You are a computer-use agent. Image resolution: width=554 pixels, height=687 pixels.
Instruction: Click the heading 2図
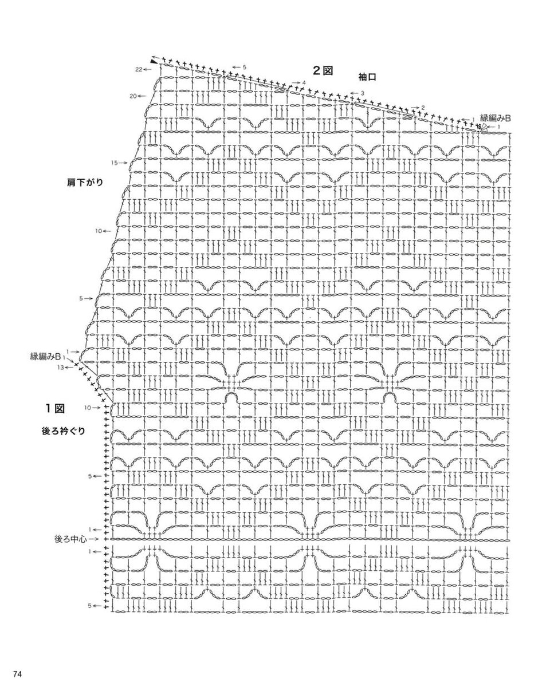tap(323, 70)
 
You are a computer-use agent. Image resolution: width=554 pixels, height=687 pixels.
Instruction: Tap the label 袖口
tap(367, 77)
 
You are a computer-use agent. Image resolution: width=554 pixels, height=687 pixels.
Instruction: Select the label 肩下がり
tap(85, 182)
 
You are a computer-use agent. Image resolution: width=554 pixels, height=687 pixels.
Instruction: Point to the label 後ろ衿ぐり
tap(64, 431)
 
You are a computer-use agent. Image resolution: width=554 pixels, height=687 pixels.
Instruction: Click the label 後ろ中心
tap(70, 539)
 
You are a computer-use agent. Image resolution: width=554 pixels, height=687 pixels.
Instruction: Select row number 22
tap(138, 69)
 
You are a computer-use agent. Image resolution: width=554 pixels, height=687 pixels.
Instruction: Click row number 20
tap(133, 96)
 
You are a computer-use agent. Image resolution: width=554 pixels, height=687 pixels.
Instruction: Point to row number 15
tap(115, 163)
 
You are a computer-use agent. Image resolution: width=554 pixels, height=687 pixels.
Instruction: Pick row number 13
tap(60, 368)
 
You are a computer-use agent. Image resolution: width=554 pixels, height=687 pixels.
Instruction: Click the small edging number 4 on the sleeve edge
tap(304, 82)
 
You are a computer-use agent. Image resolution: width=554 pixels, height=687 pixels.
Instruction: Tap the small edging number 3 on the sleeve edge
tap(362, 93)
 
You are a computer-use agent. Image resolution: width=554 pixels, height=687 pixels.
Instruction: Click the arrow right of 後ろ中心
tap(93, 539)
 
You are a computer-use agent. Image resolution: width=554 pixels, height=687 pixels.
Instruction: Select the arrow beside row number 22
tap(147, 69)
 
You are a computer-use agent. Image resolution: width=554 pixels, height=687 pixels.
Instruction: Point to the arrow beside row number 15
tap(123, 163)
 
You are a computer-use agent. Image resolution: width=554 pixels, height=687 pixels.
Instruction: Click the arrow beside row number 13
tap(68, 368)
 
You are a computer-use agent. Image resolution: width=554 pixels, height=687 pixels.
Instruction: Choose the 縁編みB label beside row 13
tap(45, 356)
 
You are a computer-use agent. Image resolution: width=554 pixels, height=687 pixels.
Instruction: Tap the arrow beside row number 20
tap(142, 96)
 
